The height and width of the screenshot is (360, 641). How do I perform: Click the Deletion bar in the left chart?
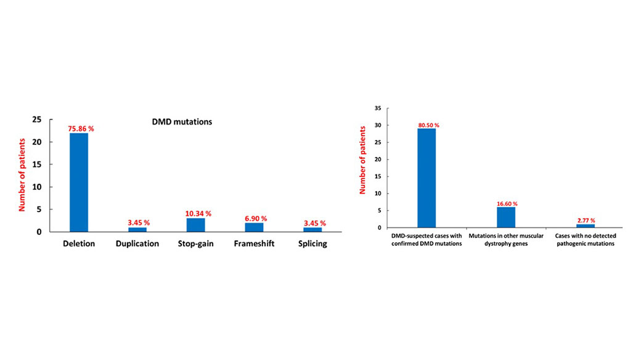[x=79, y=182]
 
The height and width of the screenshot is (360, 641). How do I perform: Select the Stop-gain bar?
[x=195, y=225]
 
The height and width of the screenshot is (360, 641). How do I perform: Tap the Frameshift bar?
[x=254, y=227]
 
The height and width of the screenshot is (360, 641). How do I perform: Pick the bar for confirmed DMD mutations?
[x=427, y=178]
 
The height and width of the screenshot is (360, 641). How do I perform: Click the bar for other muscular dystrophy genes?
[x=506, y=217]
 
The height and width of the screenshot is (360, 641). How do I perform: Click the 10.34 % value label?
[x=198, y=213]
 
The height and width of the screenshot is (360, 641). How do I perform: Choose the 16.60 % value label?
[x=506, y=203]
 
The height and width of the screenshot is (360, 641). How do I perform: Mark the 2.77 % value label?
[x=586, y=220]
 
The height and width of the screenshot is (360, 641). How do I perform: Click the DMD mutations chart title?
[x=182, y=122]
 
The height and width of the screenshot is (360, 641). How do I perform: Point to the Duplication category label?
[x=137, y=243]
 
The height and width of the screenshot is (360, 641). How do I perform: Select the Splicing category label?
[x=312, y=243]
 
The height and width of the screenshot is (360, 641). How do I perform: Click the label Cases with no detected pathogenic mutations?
[x=586, y=240]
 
